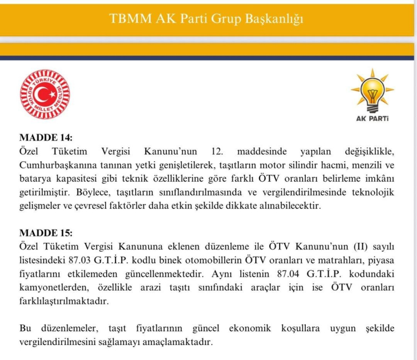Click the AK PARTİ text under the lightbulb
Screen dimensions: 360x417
[372, 118]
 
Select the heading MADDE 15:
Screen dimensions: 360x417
[46, 233]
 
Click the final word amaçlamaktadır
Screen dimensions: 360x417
[181, 342]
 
